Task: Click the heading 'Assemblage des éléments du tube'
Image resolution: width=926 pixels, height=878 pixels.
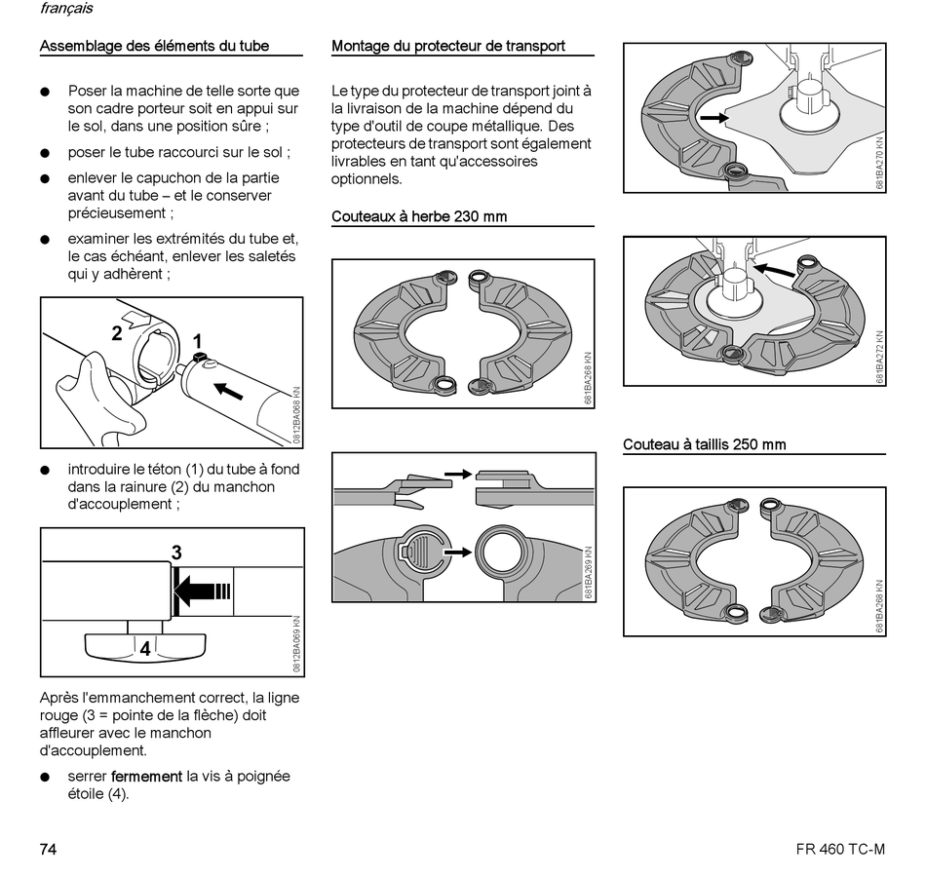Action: tap(154, 46)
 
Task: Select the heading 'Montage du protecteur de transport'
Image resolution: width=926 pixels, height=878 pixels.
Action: tap(448, 46)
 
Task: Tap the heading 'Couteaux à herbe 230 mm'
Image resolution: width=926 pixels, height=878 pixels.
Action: tap(419, 216)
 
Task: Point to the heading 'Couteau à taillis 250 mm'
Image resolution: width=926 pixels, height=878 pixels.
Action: tap(704, 444)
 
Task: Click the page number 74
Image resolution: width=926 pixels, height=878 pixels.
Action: tap(48, 849)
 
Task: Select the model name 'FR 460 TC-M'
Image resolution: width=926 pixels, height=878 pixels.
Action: tap(839, 849)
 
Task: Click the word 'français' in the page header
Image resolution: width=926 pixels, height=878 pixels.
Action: tap(67, 9)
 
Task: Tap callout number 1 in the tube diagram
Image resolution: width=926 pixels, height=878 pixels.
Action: tap(198, 341)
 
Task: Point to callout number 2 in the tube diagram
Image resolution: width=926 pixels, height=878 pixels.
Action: tap(117, 333)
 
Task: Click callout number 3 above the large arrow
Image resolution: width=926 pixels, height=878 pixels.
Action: tap(175, 553)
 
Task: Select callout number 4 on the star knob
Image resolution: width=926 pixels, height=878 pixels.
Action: tap(145, 647)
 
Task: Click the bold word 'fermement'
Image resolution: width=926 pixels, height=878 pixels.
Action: tap(146, 777)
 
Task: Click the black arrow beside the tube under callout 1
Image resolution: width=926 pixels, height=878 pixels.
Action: tap(230, 392)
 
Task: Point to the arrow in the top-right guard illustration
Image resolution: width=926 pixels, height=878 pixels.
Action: tap(714, 117)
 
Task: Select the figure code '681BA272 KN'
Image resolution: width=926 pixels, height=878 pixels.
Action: tap(880, 355)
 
